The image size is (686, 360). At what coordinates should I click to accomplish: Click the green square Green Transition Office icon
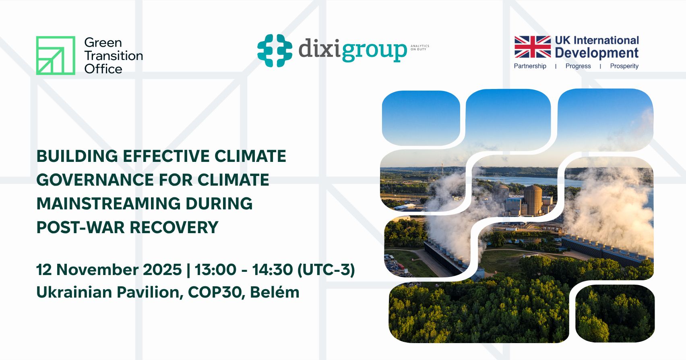pos(56,56)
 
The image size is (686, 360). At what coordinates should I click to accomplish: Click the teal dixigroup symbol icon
pos(275,50)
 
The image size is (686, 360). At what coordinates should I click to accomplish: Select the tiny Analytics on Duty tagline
pos(419,48)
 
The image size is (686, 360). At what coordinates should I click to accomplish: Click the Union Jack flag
pos(532,47)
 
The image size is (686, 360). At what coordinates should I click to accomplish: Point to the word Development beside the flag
pos(596,53)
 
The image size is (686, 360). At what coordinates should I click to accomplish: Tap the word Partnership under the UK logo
pos(530,66)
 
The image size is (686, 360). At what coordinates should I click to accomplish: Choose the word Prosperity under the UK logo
pos(624,66)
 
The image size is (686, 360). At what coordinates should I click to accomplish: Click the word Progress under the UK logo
pos(578,66)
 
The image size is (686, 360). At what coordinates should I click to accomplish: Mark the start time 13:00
pos(215,270)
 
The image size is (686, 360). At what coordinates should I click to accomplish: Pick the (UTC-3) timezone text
pos(326,270)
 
